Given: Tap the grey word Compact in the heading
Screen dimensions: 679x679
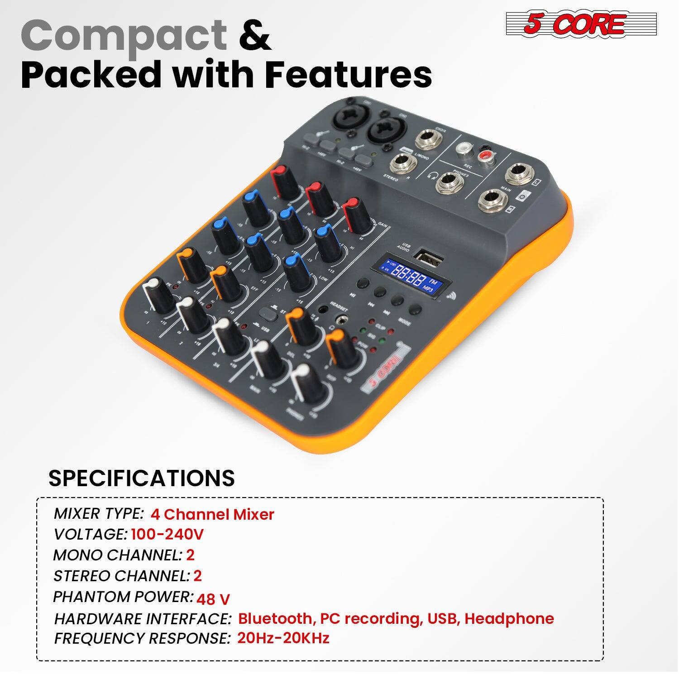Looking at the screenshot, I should (x=124, y=35).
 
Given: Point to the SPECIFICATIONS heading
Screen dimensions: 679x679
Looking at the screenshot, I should (x=141, y=478).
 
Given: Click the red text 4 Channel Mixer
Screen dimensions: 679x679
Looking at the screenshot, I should (x=212, y=514).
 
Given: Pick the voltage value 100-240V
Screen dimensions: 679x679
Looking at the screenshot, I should (x=167, y=535).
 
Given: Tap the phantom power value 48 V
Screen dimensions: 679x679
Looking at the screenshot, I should (x=213, y=599).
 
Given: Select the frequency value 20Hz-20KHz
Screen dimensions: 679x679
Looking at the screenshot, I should (x=283, y=638).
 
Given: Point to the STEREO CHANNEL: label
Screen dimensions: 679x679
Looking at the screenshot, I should (x=121, y=576).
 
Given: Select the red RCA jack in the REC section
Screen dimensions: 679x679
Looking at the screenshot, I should (x=485, y=157).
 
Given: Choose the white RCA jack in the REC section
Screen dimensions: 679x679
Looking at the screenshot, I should (x=464, y=149).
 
